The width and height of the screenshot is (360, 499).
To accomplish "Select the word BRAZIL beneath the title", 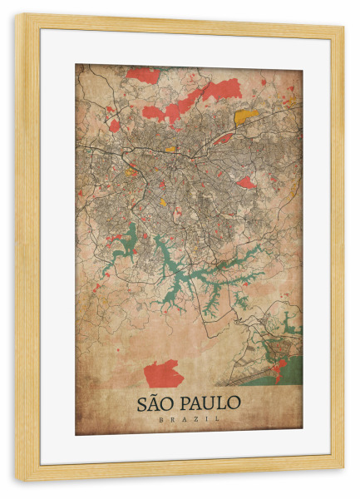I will click(189, 419).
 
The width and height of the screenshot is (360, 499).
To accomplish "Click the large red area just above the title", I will click(163, 373).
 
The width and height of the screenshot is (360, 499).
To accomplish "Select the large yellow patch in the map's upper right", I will click(245, 116).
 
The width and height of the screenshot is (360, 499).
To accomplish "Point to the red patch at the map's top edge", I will click(144, 75).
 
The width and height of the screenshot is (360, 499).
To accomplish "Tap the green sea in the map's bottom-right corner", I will click(287, 371).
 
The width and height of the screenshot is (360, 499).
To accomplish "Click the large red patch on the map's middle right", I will click(246, 182).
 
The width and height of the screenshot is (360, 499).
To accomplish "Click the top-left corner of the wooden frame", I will click(18, 17).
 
